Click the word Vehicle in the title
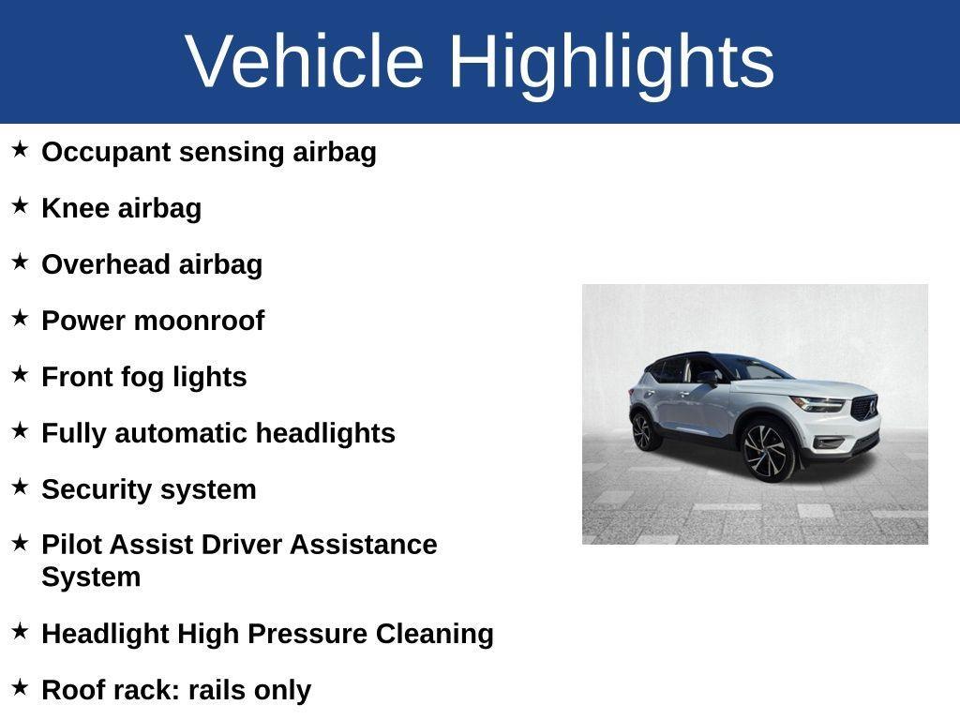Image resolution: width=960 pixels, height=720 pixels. [305, 61]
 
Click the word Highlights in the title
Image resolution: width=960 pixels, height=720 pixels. [611, 61]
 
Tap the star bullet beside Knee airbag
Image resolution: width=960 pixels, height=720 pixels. [20, 205]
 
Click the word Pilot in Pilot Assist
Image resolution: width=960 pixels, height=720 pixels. [68, 545]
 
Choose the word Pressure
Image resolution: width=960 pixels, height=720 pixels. [306, 634]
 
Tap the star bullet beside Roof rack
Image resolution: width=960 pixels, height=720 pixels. [20, 687]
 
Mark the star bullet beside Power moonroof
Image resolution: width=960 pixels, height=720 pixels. [20, 318]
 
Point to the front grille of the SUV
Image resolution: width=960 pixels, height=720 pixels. [863, 408]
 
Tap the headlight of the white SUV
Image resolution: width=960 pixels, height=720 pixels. [817, 403]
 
